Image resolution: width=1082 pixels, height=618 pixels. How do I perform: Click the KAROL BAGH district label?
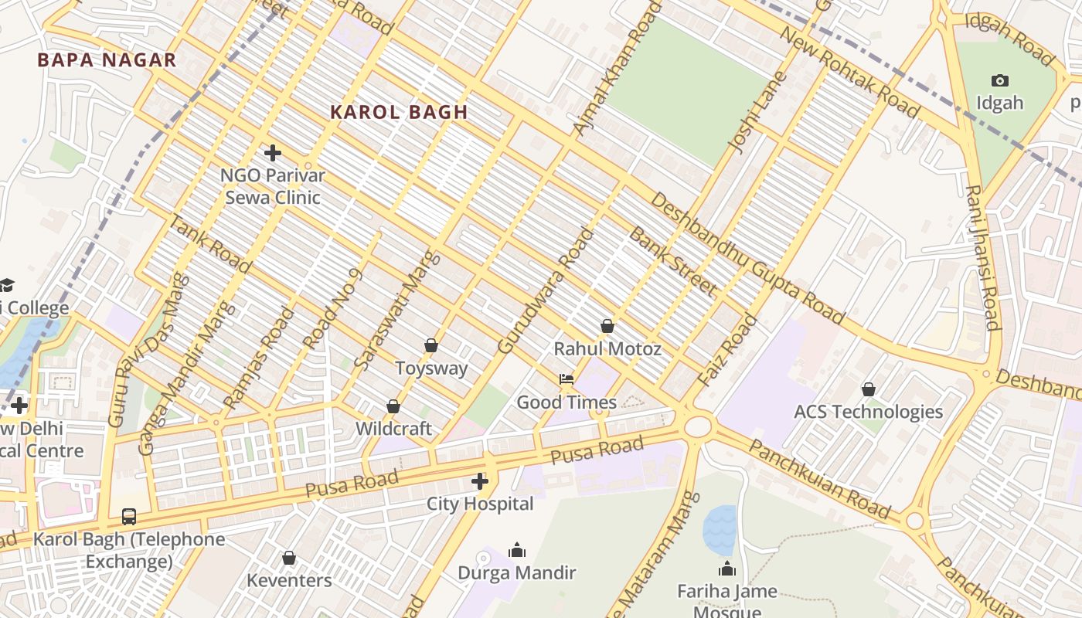[399, 112]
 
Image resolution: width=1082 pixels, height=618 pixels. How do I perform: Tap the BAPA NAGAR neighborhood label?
[107, 60]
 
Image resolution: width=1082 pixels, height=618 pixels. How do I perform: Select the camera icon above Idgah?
[999, 80]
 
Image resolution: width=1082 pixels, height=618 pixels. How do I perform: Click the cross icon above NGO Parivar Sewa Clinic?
[272, 152]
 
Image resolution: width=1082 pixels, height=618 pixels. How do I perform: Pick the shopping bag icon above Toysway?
[431, 345]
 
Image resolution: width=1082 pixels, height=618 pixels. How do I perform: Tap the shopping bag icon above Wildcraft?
[393, 406]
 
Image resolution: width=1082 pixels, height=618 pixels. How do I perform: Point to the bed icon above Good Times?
[567, 379]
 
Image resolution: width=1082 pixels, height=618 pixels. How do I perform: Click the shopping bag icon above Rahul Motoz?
[607, 326]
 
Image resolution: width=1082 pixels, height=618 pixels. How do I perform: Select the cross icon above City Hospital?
[480, 481]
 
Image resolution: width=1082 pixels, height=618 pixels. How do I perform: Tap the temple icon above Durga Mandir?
[517, 550]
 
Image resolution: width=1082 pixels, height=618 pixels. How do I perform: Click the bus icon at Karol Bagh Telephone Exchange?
[129, 516]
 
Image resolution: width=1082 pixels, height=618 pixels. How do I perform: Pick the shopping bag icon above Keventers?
[289, 558]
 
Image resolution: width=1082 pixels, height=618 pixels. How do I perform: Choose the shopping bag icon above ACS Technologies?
[869, 389]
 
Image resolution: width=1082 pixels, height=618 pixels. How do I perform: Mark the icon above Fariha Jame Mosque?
[726, 569]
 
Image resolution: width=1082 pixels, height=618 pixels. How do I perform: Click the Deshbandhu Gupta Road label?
[747, 258]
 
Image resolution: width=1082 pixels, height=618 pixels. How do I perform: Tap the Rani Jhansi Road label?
[983, 257]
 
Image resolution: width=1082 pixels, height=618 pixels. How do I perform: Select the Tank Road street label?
[209, 244]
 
